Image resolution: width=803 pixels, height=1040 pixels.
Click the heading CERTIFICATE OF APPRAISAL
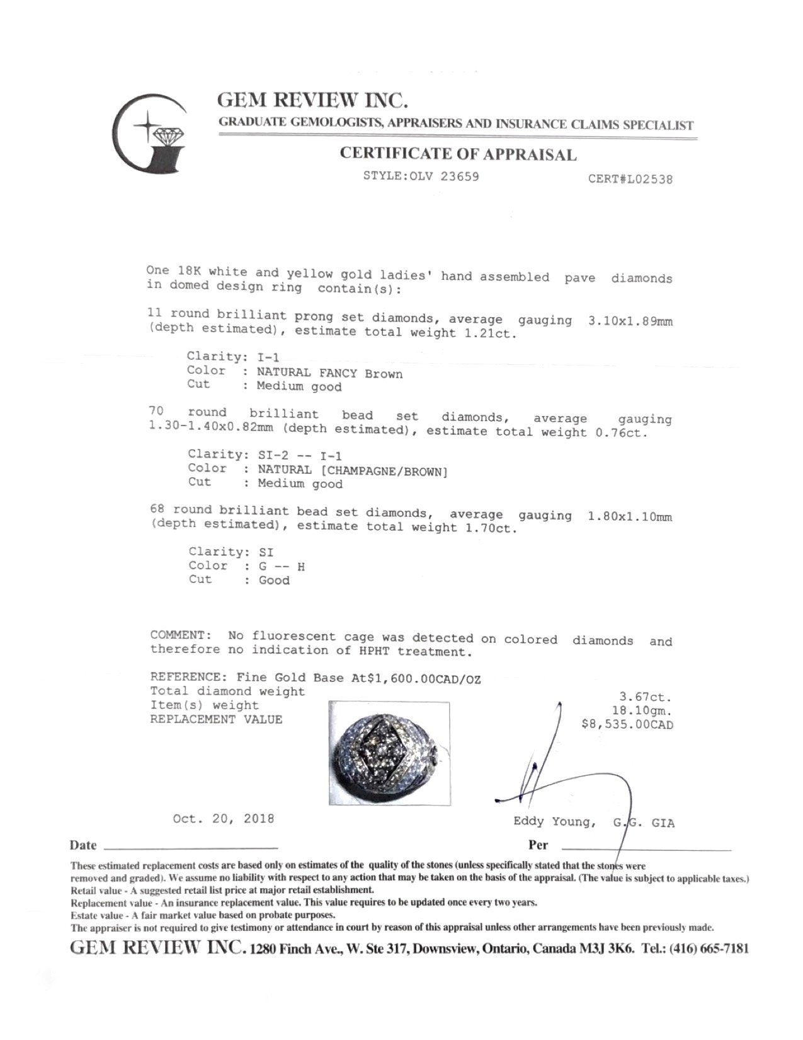pos(458,154)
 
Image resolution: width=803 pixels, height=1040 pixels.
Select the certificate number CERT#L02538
pos(630,179)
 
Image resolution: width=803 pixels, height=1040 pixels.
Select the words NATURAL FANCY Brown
pos(329,373)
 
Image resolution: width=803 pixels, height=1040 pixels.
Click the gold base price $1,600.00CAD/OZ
pos(415,678)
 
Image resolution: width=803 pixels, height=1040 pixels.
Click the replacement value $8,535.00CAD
pos(628,725)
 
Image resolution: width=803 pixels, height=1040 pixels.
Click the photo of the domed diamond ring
pos(389,753)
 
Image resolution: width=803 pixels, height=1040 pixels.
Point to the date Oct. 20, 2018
pos(224,819)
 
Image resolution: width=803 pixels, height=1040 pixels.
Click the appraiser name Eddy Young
pos(552,822)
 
